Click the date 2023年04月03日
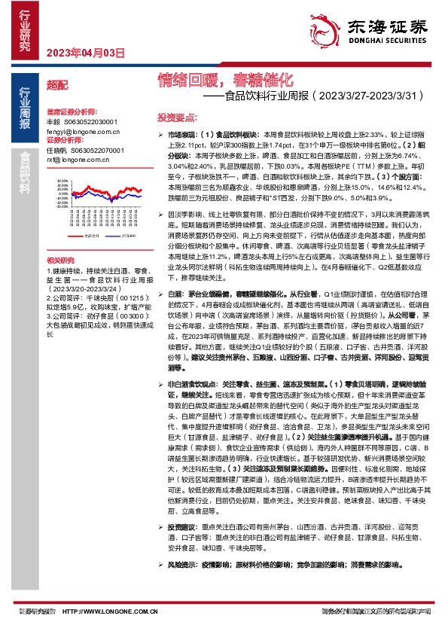(85, 53)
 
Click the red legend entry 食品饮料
(90, 236)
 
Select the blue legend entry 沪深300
(124, 236)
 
